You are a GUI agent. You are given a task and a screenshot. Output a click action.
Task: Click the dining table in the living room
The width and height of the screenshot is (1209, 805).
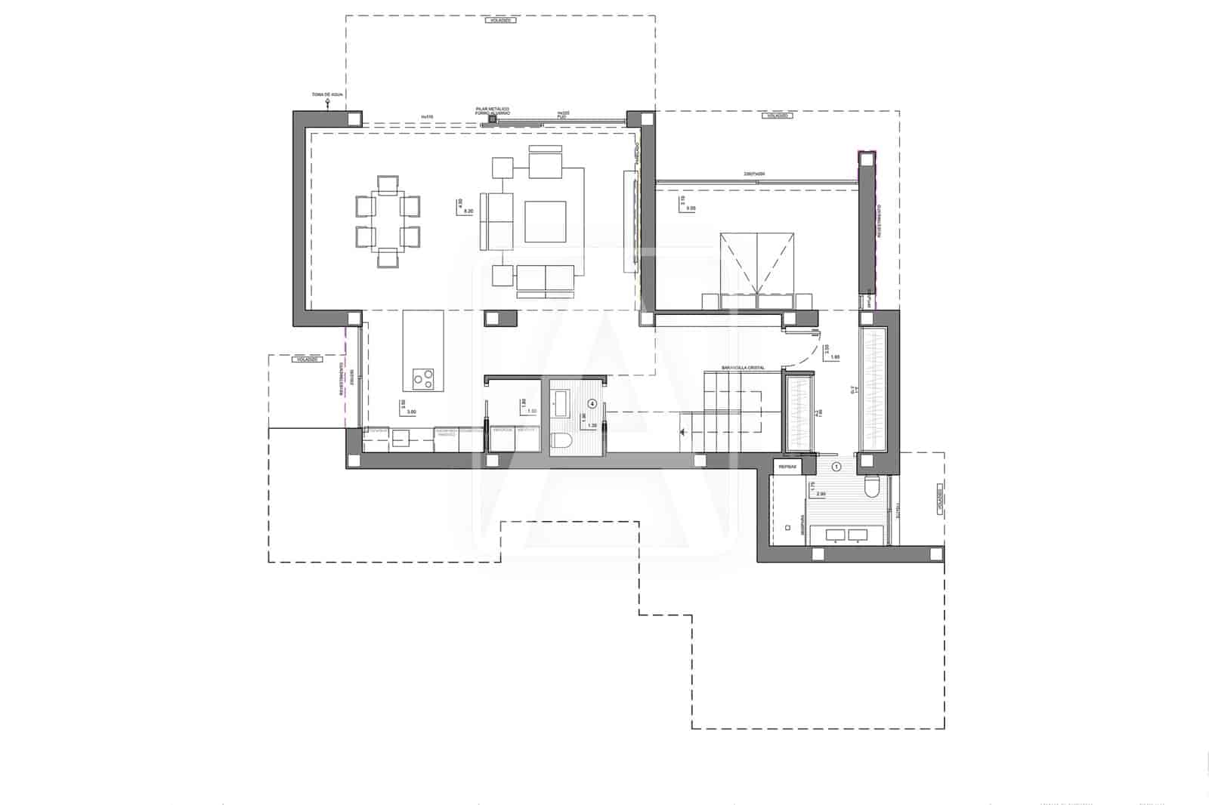[388, 222]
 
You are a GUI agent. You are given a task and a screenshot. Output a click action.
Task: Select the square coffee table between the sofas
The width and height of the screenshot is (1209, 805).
[546, 221]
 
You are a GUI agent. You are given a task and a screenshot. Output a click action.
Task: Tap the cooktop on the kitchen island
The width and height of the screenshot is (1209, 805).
[424, 378]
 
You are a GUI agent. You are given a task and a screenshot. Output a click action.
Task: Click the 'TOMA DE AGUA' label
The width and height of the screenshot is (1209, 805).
[327, 95]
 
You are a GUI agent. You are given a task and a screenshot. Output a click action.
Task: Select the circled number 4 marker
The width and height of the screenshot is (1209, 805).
[592, 403]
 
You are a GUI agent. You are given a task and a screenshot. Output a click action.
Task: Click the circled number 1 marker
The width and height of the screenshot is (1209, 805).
[836, 467]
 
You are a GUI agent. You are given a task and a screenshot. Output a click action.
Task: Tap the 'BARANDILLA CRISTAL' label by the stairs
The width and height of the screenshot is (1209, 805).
[743, 368]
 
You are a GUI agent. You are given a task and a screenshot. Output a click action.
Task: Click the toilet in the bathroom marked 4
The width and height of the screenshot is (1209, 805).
[562, 442]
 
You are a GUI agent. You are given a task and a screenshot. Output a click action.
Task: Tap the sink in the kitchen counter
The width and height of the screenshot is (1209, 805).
[400, 438]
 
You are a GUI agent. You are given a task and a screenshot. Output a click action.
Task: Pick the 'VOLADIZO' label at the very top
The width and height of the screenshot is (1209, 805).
[501, 20]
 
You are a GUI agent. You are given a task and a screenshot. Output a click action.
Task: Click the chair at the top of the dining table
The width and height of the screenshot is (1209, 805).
[388, 184]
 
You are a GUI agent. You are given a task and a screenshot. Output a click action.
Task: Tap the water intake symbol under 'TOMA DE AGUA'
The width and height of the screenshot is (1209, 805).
[327, 106]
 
